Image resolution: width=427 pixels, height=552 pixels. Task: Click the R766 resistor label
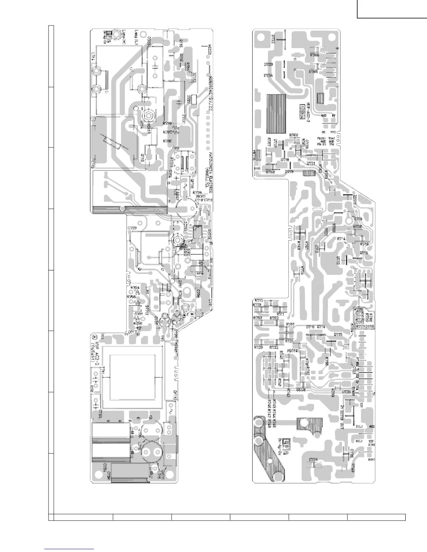315,55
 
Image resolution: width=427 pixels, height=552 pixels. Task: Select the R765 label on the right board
313,72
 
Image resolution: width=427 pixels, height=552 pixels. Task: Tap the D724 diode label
268,75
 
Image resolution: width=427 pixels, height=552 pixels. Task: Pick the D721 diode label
311,163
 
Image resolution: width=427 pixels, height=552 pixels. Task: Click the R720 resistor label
358,227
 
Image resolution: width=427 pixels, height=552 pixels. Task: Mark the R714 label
341,239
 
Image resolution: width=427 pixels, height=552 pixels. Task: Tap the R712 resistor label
259,300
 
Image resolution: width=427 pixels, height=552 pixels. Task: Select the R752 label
274,318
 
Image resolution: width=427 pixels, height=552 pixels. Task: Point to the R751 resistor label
290,324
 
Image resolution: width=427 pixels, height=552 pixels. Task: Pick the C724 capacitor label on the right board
314,459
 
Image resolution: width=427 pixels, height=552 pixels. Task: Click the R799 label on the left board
168,123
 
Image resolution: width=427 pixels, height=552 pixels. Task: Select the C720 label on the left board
132,228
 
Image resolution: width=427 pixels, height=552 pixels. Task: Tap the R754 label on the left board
135,288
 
